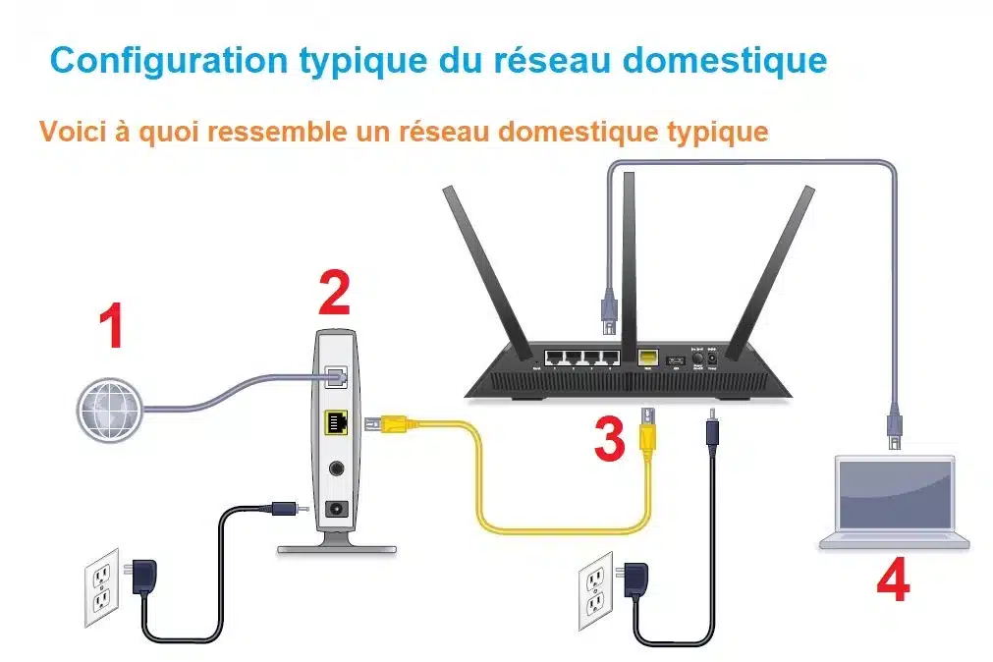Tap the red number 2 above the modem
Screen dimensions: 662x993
click(334, 292)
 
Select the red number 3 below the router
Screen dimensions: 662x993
click(609, 438)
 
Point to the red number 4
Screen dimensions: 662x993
click(893, 580)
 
